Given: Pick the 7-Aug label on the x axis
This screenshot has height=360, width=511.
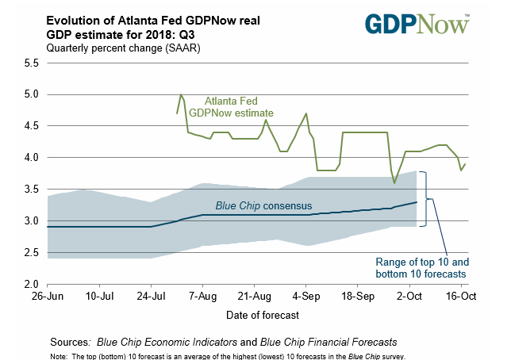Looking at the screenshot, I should coord(202,297).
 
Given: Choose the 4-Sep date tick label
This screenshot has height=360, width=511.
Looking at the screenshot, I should coord(306,297).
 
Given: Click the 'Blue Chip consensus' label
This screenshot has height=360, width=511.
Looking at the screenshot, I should coord(263,206).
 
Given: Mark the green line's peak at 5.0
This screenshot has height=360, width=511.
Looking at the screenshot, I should coord(182,94).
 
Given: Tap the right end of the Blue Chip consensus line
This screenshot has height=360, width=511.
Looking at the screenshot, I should coord(417,202).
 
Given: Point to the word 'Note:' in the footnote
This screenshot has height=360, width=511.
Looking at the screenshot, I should coord(57,355).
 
